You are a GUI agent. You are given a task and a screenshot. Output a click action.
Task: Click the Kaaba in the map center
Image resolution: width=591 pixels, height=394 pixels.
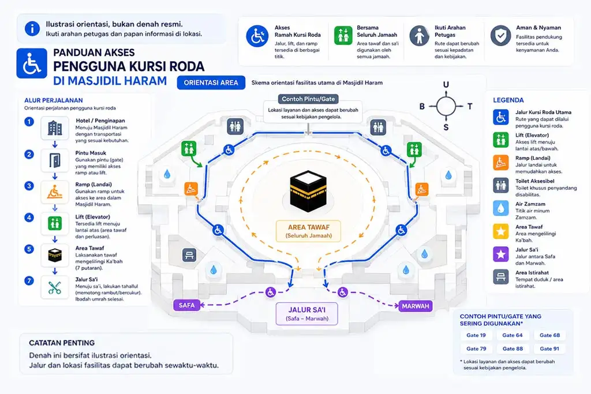pos(308,191)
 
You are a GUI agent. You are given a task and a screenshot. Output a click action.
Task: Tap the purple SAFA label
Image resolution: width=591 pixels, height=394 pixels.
pos(186,305)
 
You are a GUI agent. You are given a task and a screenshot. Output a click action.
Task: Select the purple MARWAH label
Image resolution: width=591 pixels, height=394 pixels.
pos(416,306)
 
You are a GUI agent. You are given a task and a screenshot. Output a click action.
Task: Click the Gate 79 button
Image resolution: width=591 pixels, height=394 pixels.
pos(476,348)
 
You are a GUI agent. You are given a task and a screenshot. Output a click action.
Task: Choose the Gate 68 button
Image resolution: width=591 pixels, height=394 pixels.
pos(549,335)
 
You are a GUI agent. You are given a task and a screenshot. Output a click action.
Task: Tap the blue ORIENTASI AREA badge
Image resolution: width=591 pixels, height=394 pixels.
pos(211,82)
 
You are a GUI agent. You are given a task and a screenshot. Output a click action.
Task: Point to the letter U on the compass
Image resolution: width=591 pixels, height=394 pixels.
pos(446,84)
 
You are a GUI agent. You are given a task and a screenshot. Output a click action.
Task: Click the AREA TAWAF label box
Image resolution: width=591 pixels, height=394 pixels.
pos(308,231)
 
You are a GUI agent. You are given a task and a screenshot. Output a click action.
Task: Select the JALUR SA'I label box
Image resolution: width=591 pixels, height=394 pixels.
pos(307,314)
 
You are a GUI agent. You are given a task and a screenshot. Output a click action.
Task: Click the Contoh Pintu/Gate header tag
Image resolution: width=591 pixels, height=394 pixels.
pos(308,99)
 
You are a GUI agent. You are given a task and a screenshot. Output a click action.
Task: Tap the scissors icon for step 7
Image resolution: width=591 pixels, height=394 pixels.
pos(55,287)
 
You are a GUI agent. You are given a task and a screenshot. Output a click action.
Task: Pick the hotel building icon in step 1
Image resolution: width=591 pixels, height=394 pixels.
pos(55,128)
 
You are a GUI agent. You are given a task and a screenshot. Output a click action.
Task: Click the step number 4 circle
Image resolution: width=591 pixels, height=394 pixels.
pos(29,217)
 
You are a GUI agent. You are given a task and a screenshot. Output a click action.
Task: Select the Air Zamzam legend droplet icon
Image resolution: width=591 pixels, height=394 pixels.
pos(500,208)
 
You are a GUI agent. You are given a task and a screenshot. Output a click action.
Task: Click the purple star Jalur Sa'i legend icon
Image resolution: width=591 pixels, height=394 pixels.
pos(500,254)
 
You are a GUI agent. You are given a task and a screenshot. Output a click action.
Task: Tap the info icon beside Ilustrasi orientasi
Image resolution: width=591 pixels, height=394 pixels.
pos(32,29)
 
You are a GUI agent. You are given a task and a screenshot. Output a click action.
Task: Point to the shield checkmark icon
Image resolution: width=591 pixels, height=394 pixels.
pos(500,36)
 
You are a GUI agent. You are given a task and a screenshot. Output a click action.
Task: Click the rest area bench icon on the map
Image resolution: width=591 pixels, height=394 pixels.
pos(189,255)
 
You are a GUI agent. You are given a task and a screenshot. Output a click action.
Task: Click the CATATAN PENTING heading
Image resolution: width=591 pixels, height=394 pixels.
pos(62,343)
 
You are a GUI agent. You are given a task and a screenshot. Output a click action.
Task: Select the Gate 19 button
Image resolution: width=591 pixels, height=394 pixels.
pos(476,335)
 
